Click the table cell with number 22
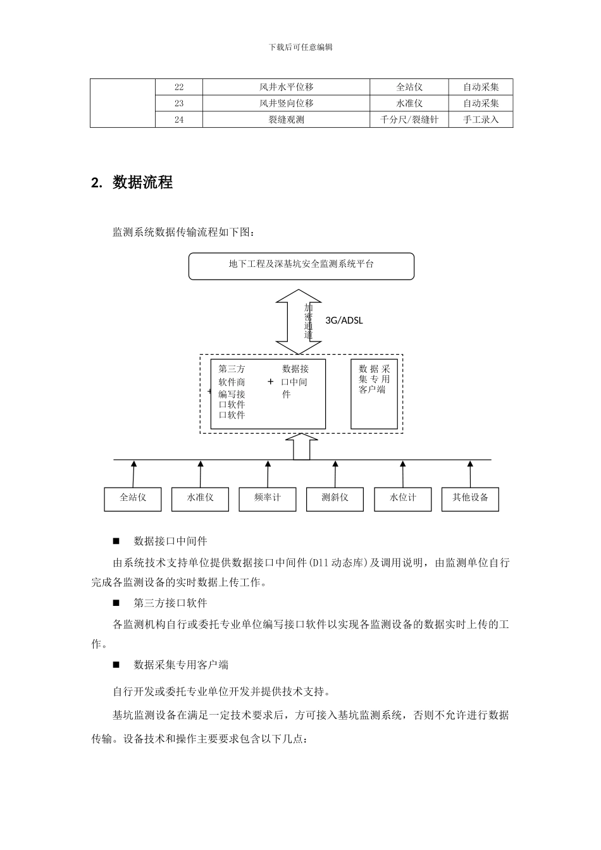tap(179, 87)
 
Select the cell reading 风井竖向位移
tap(286, 103)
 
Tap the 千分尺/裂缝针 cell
tap(409, 120)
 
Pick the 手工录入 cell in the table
tap(481, 120)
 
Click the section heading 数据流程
tap(142, 183)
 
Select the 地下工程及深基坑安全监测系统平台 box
tap(301, 266)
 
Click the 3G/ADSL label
tap(344, 321)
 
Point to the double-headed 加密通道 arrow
tap(299, 322)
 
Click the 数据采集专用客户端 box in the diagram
tap(375, 393)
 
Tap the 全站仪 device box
tap(133, 498)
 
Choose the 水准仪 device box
tap(201, 498)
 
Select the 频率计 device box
tap(268, 498)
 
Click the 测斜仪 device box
tap(335, 498)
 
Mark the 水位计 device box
tap(402, 498)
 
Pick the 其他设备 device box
tap(470, 498)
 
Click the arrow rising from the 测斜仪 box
tap(335, 474)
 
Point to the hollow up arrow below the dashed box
tap(301, 447)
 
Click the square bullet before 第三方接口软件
tap(116, 603)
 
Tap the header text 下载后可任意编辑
tap(300, 47)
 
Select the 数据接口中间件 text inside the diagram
tap(295, 381)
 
